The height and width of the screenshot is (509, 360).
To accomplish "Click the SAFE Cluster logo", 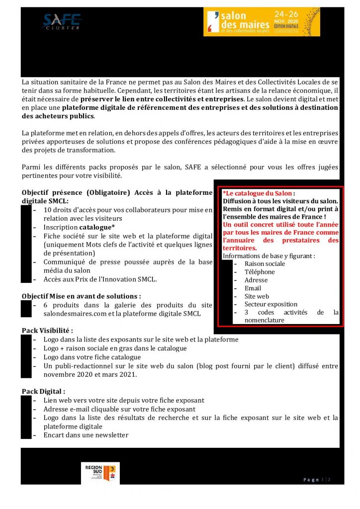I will [62, 21].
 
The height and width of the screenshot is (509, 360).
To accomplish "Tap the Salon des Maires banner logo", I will [261, 22].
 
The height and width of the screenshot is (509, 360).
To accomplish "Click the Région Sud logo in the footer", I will [100, 473].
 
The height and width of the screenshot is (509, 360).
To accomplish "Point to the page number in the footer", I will [317, 479].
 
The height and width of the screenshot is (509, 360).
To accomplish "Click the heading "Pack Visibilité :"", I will [48, 331].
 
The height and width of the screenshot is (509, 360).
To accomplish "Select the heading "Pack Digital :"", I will [44, 392].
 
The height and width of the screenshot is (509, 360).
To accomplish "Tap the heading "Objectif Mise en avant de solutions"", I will [82, 296].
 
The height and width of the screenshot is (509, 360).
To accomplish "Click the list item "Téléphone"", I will [260, 272].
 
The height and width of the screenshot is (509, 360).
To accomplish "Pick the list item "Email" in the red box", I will [253, 288].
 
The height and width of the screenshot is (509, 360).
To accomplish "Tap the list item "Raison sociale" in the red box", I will [265, 264].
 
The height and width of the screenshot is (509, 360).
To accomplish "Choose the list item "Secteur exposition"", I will [271, 304].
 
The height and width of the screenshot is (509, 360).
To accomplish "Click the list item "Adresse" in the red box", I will [256, 280].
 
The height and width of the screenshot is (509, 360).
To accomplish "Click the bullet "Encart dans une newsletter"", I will [86, 435].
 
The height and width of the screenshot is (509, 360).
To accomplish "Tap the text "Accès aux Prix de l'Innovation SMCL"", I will [100, 279].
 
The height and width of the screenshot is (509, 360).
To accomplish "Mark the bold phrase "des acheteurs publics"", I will [58, 116].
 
